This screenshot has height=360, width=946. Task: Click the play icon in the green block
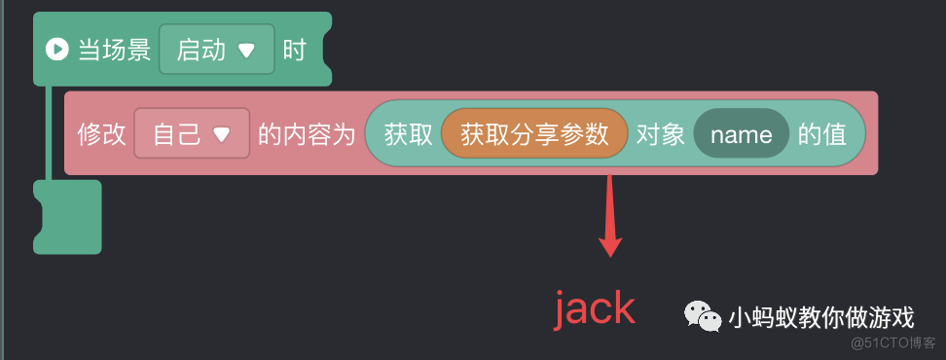click(x=56, y=50)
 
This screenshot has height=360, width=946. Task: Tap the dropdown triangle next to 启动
click(x=246, y=51)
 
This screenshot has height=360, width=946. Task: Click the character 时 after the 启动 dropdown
click(x=295, y=50)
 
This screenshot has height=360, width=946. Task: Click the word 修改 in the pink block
click(x=102, y=134)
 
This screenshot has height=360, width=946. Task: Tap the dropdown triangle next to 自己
click(x=221, y=135)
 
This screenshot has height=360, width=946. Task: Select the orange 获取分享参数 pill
click(x=534, y=134)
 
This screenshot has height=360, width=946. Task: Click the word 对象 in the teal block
click(x=661, y=134)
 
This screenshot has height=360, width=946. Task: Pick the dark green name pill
click(x=741, y=134)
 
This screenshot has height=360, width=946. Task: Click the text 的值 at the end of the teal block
click(x=822, y=134)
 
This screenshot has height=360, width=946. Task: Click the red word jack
click(x=595, y=309)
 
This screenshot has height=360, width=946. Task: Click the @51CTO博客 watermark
click(x=892, y=343)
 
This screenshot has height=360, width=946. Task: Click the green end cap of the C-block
click(x=67, y=216)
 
